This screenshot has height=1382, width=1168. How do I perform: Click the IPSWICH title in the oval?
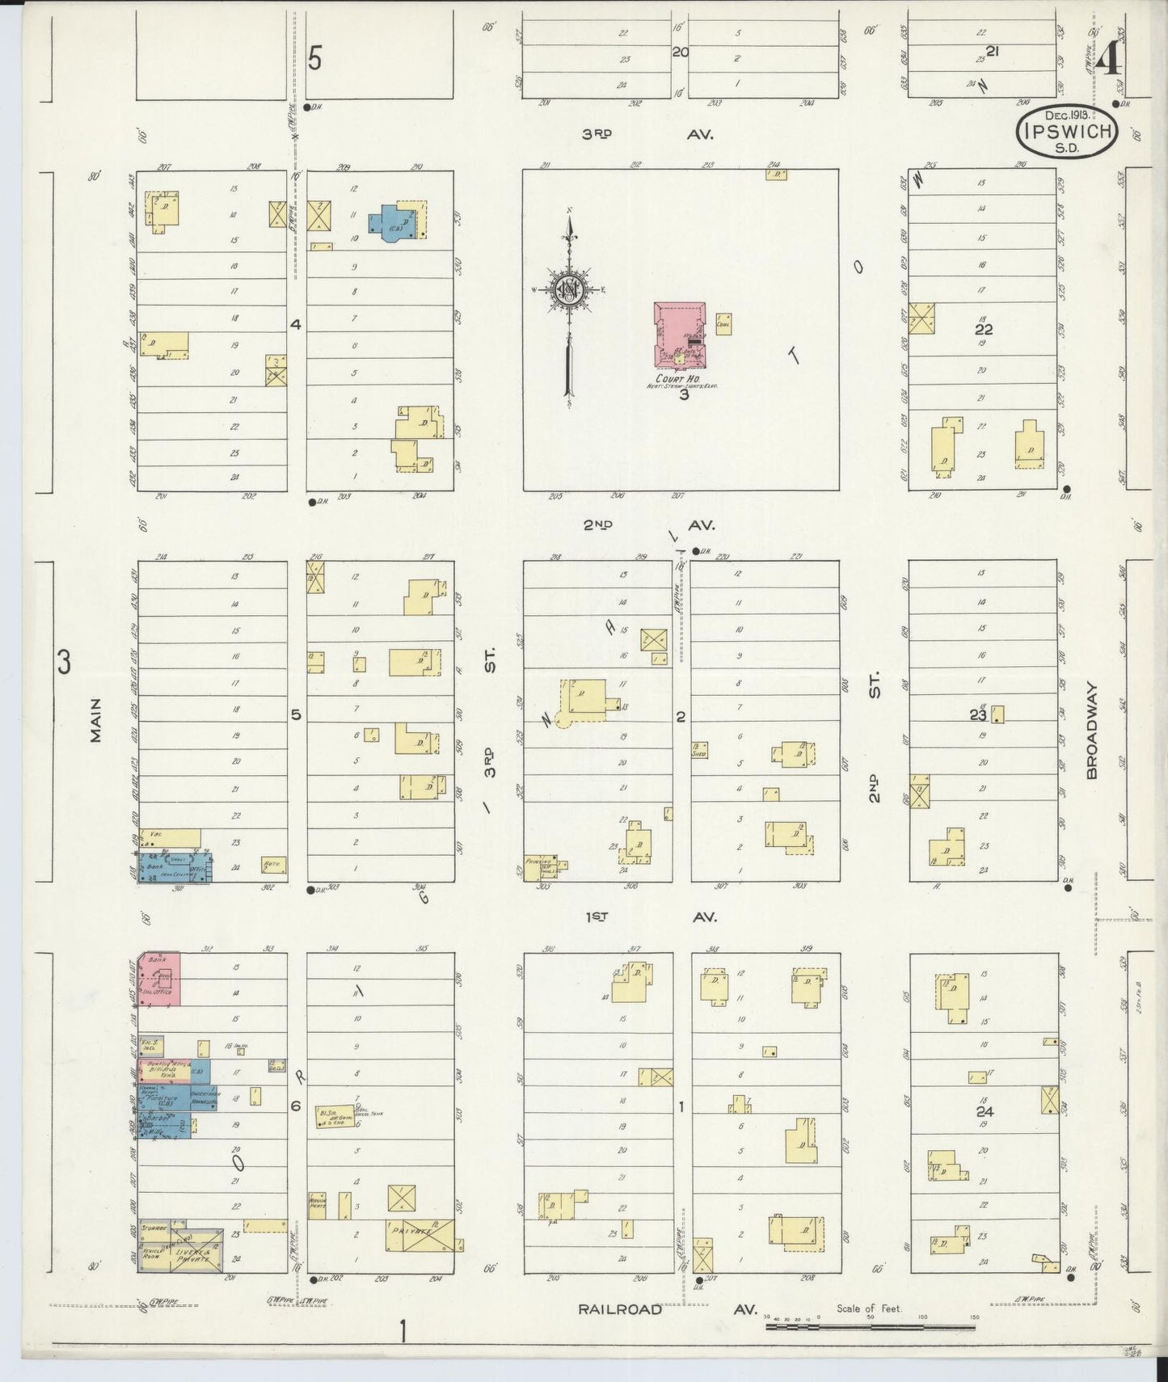(1066, 132)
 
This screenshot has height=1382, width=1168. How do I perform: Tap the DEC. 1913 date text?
(1066, 116)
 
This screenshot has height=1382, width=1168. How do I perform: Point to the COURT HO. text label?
(681, 378)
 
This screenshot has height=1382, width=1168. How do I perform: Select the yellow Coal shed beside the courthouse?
(723, 324)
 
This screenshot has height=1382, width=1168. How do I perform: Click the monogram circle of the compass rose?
(570, 289)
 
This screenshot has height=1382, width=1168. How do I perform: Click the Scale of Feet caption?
(869, 1308)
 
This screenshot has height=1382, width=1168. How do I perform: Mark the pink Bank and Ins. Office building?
(159, 978)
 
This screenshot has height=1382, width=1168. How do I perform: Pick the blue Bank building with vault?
(173, 866)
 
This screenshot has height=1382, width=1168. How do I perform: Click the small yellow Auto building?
(272, 865)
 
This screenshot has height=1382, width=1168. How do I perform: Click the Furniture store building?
(166, 1096)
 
